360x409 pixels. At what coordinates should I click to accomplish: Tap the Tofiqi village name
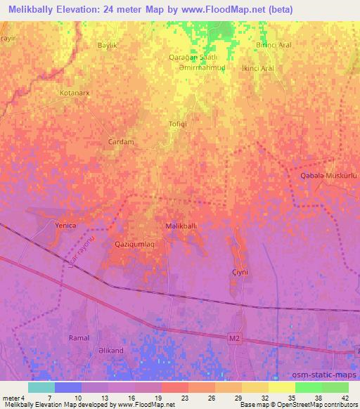point(177,124)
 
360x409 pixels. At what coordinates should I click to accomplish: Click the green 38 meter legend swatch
point(308,387)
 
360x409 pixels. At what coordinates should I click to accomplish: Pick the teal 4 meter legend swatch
point(41,387)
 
